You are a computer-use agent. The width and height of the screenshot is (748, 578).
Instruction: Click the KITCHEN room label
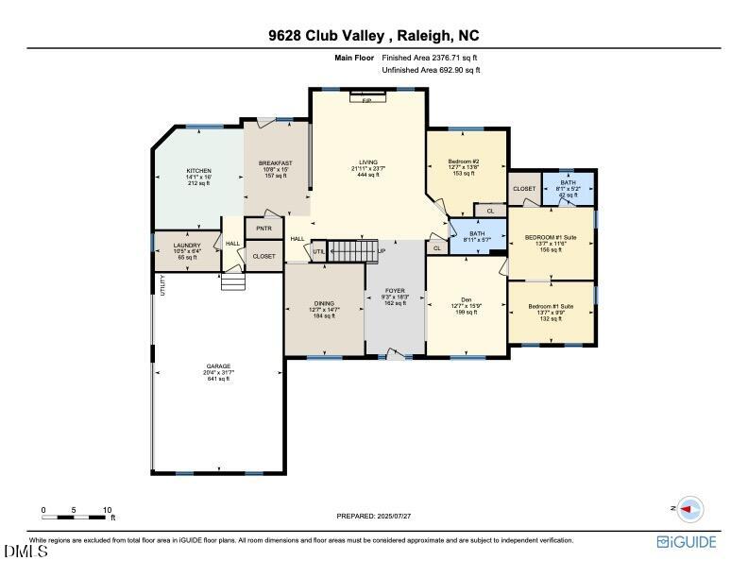(198, 171)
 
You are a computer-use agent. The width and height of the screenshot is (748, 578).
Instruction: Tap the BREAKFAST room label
(276, 163)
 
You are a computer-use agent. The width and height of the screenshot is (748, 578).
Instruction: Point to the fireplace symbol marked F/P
(367, 97)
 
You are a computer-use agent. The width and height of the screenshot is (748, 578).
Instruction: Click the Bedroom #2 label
(464, 161)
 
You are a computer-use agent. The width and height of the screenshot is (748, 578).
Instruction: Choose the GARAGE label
(218, 366)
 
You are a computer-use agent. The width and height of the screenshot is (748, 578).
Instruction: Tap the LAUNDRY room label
(187, 246)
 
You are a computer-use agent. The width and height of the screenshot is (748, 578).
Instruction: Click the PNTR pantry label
(263, 228)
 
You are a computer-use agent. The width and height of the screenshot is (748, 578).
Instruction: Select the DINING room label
(324, 303)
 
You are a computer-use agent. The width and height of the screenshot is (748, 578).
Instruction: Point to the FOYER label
(395, 291)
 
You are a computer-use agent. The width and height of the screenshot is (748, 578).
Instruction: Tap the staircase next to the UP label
(352, 251)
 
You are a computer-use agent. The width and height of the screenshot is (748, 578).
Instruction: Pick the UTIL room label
(319, 251)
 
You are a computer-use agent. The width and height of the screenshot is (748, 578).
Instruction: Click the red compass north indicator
(692, 509)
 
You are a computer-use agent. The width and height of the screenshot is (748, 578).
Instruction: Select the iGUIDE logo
(687, 542)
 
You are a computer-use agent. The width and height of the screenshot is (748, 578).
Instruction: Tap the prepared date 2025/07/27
(374, 516)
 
